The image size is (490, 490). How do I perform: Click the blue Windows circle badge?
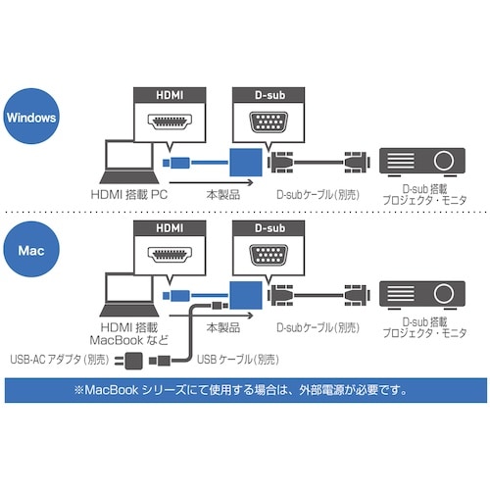(x=30, y=116)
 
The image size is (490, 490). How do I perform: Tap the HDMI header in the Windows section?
(x=169, y=96)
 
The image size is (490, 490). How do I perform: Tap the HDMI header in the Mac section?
(x=169, y=227)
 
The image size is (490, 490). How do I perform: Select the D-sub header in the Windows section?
(x=267, y=96)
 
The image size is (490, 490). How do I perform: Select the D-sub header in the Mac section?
(x=267, y=227)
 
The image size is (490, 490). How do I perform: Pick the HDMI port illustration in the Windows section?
(x=169, y=124)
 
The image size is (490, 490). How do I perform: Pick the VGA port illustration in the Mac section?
(x=267, y=258)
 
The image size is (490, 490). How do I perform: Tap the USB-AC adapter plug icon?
(x=134, y=362)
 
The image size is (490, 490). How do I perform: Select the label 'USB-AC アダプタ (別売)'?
(x=60, y=360)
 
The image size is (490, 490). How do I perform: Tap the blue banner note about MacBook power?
(x=245, y=390)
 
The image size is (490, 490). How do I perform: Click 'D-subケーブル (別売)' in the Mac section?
(x=315, y=327)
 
